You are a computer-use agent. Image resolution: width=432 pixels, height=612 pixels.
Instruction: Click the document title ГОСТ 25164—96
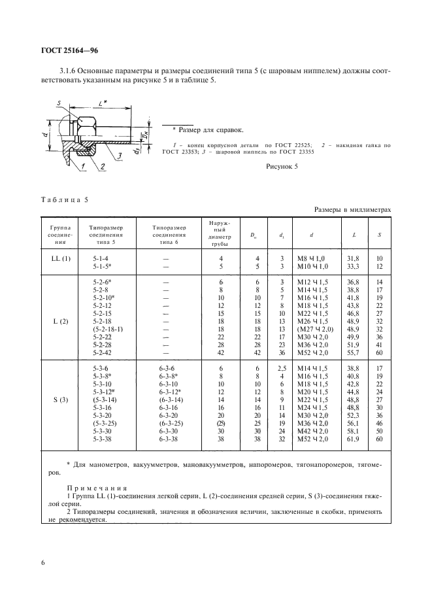coord(70,50)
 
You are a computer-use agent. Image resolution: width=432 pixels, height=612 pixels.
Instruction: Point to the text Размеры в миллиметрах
coord(352,209)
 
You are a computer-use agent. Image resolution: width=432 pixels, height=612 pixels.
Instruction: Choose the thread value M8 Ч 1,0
coord(310,258)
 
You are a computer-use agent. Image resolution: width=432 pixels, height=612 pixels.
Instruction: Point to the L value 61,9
coord(353,440)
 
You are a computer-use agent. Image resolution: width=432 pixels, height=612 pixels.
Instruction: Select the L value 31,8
coord(353,258)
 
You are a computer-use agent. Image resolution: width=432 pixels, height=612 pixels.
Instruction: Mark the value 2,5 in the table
coord(281,369)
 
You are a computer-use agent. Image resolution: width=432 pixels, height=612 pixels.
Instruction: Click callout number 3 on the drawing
coord(120,155)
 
